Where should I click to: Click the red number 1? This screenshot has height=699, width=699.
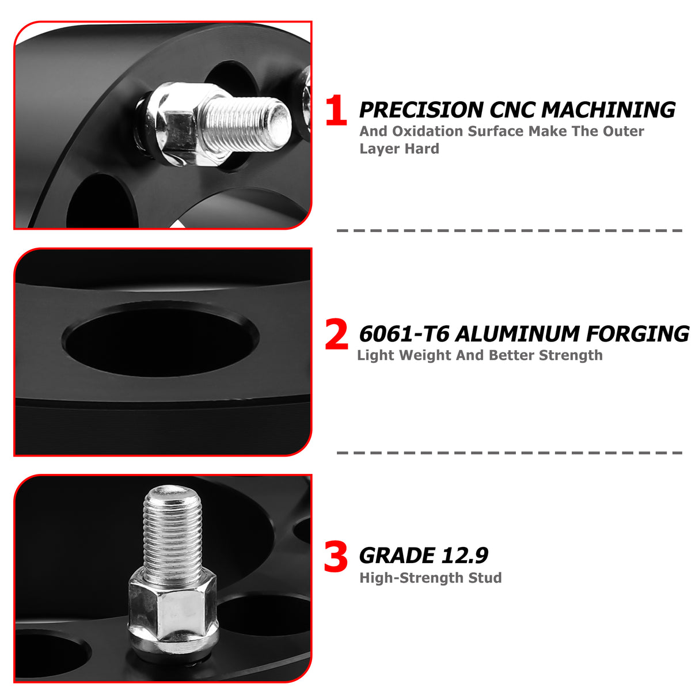tap(336, 111)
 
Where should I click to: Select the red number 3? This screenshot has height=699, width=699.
tap(336, 557)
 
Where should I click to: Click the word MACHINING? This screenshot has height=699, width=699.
tap(609, 110)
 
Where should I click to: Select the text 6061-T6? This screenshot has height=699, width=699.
tap(404, 334)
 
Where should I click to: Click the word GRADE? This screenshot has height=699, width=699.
tap(397, 556)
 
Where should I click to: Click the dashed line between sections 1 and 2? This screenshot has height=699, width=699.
tap(510, 230)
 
